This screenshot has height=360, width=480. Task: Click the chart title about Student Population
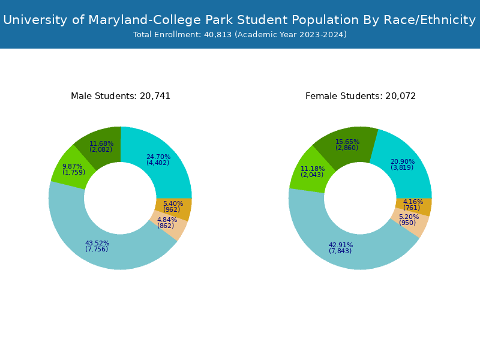tap(239, 20)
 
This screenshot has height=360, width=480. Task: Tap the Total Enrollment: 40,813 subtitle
tap(239, 35)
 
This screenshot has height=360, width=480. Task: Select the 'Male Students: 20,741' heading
tap(121, 96)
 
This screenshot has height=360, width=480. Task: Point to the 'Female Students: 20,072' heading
tap(361, 96)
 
